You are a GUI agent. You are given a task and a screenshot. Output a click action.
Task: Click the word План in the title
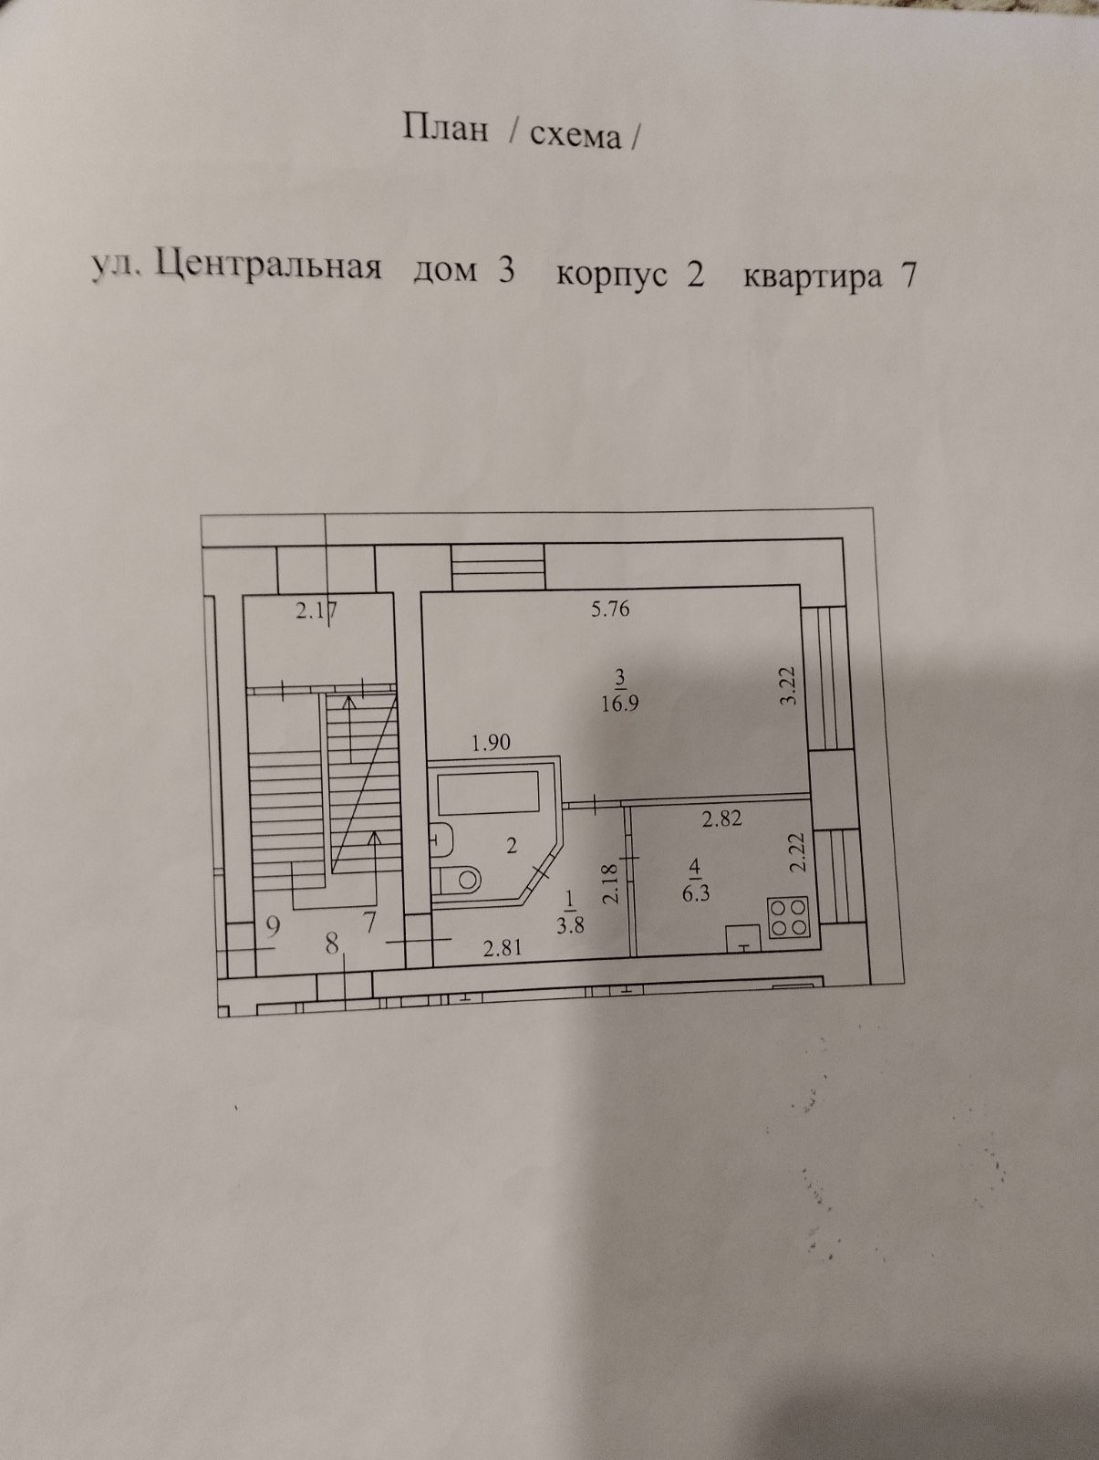445,129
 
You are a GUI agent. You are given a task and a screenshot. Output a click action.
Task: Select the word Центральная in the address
268,267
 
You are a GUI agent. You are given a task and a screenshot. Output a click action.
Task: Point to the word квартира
813,276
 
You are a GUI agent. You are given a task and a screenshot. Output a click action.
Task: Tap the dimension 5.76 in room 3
610,608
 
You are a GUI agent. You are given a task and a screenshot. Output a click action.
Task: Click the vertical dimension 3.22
789,685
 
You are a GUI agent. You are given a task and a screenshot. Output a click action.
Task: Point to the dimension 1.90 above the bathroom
490,743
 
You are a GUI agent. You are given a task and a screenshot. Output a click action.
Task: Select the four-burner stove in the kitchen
789,916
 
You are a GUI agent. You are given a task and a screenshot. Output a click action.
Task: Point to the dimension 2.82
721,819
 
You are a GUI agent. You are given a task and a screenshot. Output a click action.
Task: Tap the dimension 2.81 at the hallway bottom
503,948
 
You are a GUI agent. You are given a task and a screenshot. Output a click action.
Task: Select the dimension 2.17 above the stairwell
316,611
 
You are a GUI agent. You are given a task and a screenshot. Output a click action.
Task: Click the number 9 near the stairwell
272,925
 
